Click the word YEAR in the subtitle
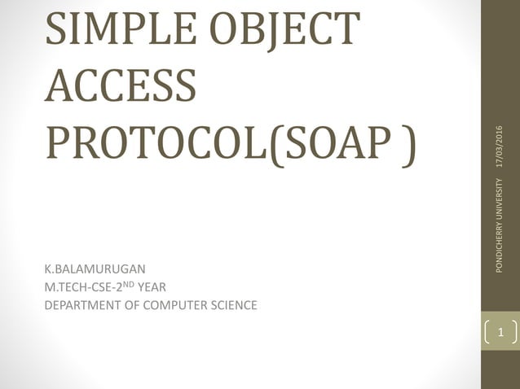click(152, 286)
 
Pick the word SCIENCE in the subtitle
click(234, 305)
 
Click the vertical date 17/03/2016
click(500, 146)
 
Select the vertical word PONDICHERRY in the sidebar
click(500, 236)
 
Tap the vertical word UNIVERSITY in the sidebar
click(500, 183)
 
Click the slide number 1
click(500, 334)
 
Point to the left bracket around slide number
click(487, 334)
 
